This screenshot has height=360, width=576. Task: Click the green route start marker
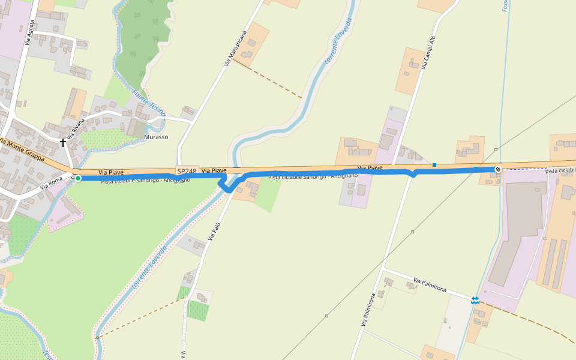tap(78, 178)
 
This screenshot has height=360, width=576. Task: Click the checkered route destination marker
tap(498, 170)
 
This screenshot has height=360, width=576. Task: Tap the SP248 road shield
tap(187, 171)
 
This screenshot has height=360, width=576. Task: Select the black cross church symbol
tap(63, 143)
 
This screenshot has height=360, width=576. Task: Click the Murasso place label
tap(156, 137)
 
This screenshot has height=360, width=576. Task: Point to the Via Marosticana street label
tap(236, 47)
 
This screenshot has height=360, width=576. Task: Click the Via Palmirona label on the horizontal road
tap(430, 285)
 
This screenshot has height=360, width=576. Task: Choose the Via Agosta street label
tap(29, 32)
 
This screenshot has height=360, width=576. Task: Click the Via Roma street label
tap(52, 182)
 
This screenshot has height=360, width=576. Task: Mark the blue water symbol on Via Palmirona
tap(475, 300)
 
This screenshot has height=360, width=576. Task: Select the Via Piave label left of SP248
tap(107, 172)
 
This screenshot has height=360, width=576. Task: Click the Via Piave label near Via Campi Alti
tap(370, 167)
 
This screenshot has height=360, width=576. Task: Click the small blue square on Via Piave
tap(434, 164)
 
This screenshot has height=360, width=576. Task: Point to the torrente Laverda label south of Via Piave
tap(149, 269)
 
